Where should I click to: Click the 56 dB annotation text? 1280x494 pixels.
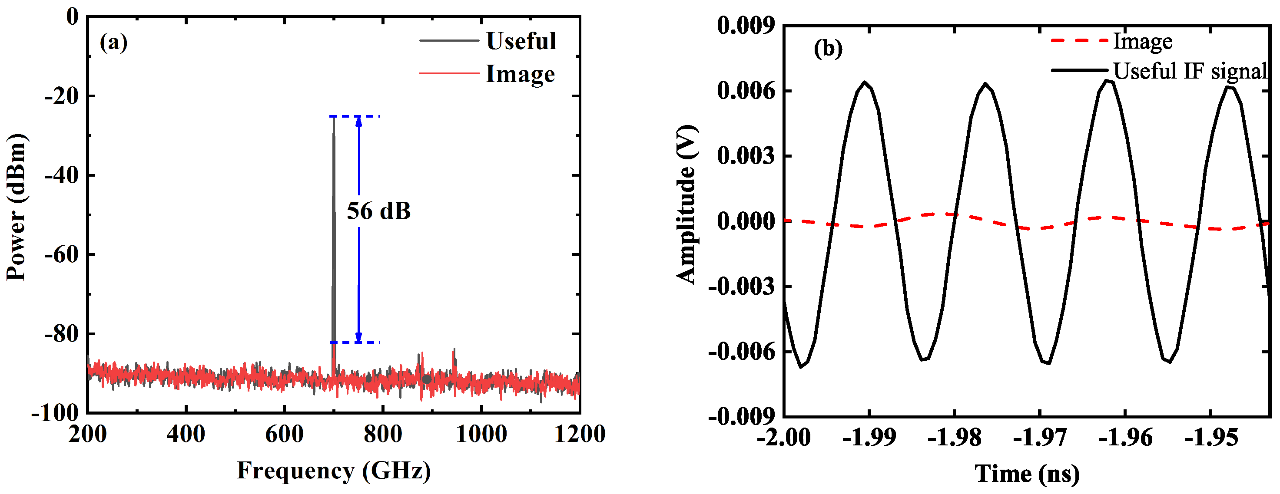click(378, 211)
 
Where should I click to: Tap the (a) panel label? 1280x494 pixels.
click(113, 42)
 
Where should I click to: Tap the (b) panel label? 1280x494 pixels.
click(828, 49)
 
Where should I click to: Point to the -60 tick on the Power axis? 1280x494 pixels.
click(62, 255)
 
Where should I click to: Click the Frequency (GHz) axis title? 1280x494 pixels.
click(334, 471)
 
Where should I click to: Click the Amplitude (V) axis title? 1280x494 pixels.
click(687, 204)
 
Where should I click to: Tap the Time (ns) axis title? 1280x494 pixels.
click(1027, 473)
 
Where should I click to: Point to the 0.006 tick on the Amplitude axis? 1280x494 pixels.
click(745, 91)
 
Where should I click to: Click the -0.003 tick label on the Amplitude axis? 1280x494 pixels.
click(741, 287)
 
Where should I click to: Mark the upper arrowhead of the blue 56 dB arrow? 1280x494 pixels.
click(359, 120)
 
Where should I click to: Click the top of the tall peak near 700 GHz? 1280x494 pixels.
click(333, 117)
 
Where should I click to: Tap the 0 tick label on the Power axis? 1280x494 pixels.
click(73, 17)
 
